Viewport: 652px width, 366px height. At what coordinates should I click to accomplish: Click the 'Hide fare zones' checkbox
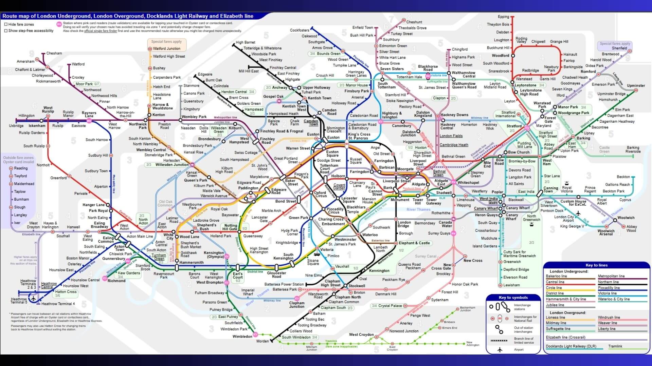click(x=6, y=24)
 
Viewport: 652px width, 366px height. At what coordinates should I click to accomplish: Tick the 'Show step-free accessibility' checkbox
click(x=6, y=30)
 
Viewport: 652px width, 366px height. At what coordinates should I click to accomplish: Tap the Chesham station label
click(x=54, y=53)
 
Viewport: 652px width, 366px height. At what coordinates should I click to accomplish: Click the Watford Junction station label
click(x=166, y=48)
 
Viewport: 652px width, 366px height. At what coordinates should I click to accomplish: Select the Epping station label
click(x=503, y=17)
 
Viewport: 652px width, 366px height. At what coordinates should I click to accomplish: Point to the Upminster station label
click(x=636, y=85)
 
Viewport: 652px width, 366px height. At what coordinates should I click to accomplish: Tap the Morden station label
click(x=262, y=341)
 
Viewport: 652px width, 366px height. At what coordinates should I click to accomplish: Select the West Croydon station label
click(x=361, y=334)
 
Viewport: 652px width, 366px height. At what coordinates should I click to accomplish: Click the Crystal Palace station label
click(x=390, y=306)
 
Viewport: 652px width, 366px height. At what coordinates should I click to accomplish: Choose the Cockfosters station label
click(x=300, y=30)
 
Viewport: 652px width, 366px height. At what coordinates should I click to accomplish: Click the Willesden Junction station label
click(x=172, y=165)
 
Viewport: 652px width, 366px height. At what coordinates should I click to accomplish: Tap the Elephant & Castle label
click(x=414, y=243)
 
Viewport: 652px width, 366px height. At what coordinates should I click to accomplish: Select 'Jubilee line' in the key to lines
click(x=555, y=305)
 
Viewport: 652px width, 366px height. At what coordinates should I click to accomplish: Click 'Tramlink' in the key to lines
click(x=615, y=346)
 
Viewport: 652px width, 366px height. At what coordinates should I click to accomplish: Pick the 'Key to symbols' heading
click(x=513, y=298)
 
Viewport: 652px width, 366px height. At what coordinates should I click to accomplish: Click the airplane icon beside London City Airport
click(x=578, y=213)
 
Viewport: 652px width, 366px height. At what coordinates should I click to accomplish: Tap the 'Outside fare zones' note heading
click(x=18, y=158)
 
